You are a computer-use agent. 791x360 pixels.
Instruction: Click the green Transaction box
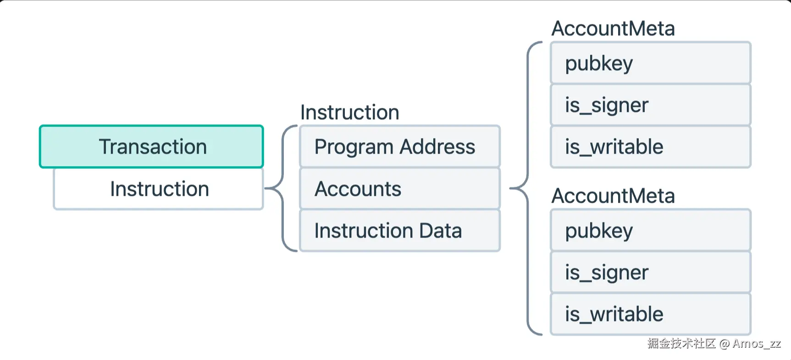[151, 146]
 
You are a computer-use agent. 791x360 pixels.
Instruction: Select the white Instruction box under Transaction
[158, 189]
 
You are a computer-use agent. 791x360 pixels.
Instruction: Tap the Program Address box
[400, 146]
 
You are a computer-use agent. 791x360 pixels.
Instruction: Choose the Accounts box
[400, 188]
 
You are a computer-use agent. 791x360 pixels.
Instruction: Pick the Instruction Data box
[400, 230]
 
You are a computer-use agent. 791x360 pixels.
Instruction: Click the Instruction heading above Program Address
[350, 112]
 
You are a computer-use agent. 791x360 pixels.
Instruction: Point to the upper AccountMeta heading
[613, 28]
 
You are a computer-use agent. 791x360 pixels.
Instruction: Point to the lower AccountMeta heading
[613, 196]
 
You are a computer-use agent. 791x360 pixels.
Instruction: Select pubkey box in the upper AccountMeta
[650, 63]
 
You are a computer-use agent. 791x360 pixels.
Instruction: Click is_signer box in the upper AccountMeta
[650, 105]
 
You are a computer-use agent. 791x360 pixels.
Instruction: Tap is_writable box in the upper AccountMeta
[650, 147]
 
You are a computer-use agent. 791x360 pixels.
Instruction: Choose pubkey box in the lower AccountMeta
[650, 230]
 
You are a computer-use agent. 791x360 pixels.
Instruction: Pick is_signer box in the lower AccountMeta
[650, 272]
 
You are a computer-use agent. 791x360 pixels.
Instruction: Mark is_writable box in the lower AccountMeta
[650, 314]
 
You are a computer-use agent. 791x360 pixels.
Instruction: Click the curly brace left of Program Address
[283, 188]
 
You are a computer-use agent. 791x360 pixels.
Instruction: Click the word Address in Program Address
[437, 146]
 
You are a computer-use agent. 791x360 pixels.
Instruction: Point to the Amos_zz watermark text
[757, 343]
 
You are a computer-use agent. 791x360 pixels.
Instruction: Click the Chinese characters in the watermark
[681, 343]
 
